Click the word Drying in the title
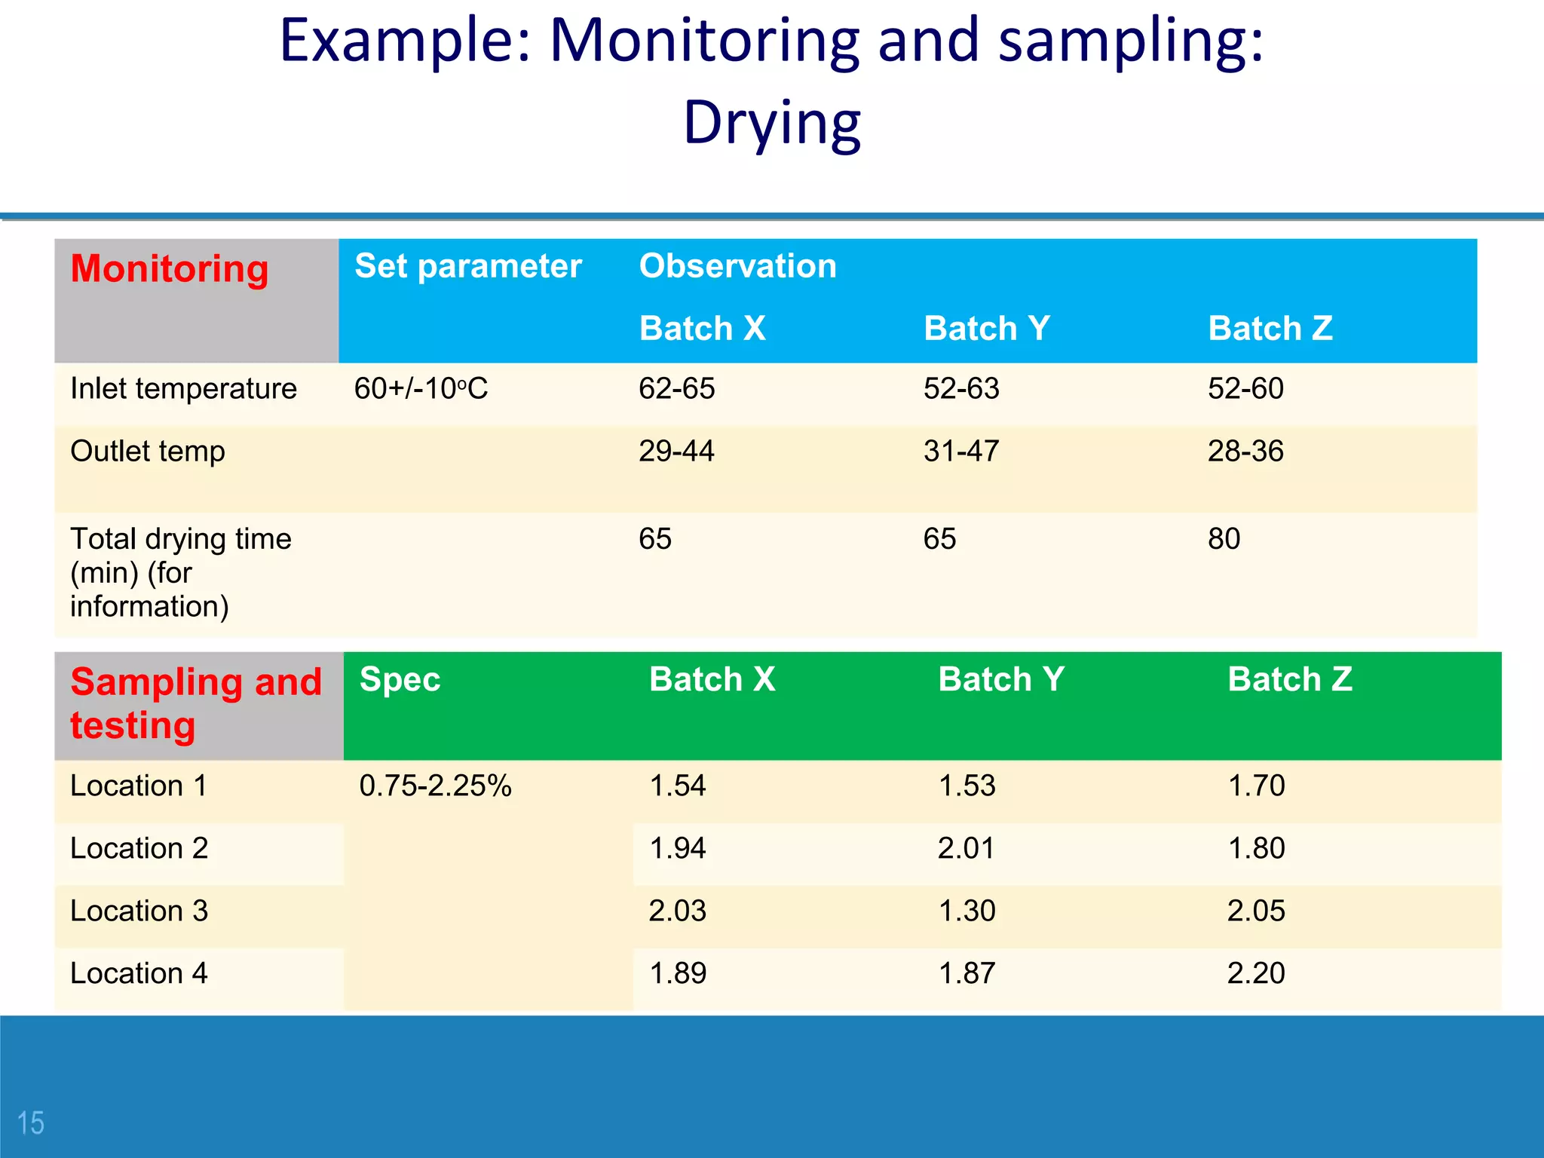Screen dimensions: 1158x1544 pos(771,123)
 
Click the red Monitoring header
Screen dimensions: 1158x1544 pos(170,269)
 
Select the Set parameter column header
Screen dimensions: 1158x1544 pos(467,266)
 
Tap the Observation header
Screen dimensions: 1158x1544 pos(737,266)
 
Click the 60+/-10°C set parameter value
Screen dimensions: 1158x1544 pos(421,389)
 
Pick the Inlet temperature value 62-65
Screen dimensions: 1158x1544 pos(676,389)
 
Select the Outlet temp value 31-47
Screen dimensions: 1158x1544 pos(960,452)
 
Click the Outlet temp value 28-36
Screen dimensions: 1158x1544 pos(1245,452)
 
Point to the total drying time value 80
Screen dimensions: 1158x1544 pos(1224,539)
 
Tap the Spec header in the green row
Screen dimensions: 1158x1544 pos(400,679)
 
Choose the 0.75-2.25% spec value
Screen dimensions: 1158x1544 pos(435,786)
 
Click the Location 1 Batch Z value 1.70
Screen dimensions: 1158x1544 pos(1256,786)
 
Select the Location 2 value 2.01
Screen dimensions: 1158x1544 pos(966,849)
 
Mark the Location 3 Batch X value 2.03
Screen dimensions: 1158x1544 pos(677,911)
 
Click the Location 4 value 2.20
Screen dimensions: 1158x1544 pos(1255,973)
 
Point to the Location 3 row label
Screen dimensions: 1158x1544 pos(139,911)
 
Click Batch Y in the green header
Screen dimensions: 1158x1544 pos(1000,679)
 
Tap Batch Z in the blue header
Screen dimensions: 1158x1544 pos(1270,329)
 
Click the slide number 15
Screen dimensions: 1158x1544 pos(31,1123)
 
